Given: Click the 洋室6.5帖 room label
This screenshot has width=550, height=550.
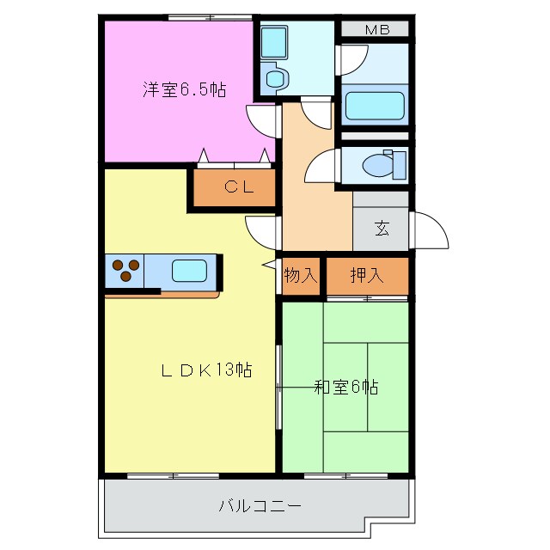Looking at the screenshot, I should coord(184,89).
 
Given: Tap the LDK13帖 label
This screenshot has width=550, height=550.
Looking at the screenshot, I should coord(207,370).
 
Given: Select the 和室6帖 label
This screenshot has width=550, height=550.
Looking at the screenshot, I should coord(345,388).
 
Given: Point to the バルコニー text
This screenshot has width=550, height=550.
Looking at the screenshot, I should coord(260,505).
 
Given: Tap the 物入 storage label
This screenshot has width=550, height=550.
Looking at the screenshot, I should coord(301,276).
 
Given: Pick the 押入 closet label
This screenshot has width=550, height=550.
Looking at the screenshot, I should coord(367,276).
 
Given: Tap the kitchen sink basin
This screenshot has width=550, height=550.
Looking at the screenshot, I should coord(189,272).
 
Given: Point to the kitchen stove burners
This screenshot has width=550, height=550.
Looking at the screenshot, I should coord(125,270).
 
